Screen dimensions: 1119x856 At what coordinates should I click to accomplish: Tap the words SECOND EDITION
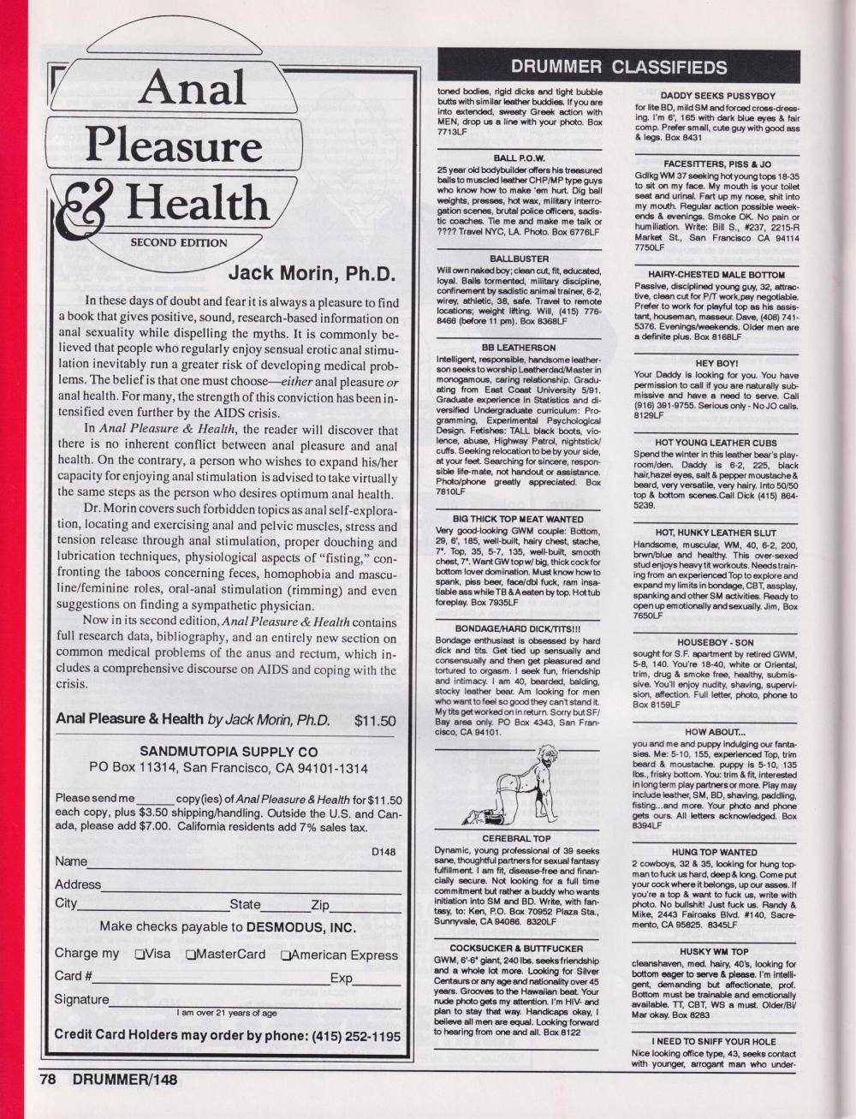click(x=179, y=242)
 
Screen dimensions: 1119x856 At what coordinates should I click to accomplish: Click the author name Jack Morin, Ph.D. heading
click(x=313, y=274)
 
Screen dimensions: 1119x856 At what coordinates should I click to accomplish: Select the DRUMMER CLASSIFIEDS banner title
click(x=617, y=68)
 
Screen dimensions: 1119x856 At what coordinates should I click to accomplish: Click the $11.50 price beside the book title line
click(x=375, y=720)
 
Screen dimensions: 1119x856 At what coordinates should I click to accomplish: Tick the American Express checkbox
click(x=286, y=955)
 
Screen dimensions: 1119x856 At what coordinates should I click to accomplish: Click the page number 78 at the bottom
click(x=47, y=1080)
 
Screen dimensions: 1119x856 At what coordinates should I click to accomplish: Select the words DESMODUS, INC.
click(x=300, y=926)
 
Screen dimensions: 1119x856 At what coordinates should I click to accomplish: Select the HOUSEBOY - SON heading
click(x=716, y=641)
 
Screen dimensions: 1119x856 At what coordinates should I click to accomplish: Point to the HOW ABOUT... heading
click(x=716, y=733)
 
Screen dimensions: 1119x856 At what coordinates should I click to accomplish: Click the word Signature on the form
click(x=81, y=999)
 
